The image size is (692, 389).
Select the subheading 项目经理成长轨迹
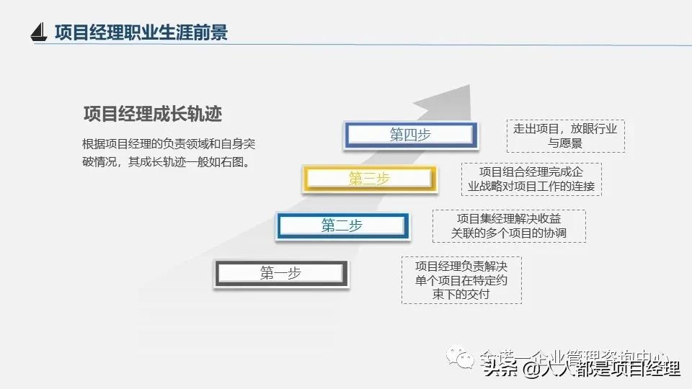pyautogui.click(x=152, y=114)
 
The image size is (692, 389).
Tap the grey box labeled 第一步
pyautogui.click(x=280, y=273)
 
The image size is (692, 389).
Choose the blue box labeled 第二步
pyautogui.click(x=342, y=225)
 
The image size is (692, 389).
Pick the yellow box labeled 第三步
pyautogui.click(x=369, y=179)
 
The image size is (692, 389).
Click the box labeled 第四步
pyautogui.click(x=410, y=135)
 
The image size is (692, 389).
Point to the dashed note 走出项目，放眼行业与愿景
pyautogui.click(x=565, y=136)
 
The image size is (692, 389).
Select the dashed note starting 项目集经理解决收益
pyautogui.click(x=508, y=225)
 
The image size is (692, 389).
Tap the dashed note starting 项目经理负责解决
pyautogui.click(x=461, y=280)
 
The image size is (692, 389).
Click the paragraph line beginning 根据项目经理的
pyautogui.click(x=169, y=144)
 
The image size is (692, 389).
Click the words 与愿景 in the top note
pyautogui.click(x=565, y=143)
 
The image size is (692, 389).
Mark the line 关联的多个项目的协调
pyautogui.click(x=508, y=233)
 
